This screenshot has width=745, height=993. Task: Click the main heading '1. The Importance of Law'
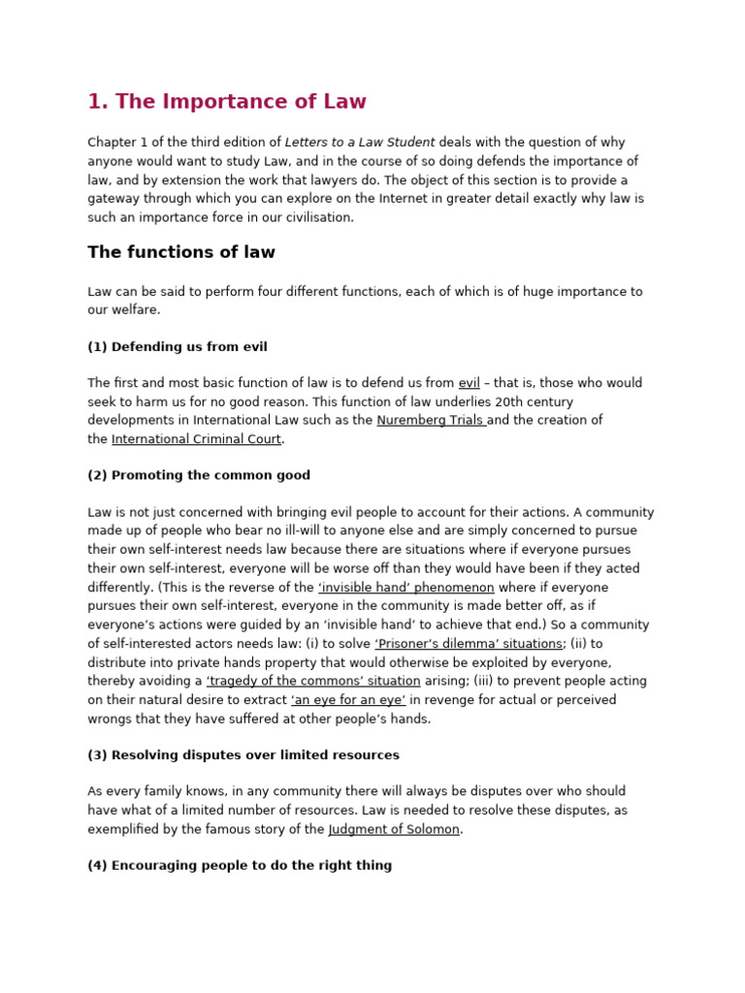(227, 102)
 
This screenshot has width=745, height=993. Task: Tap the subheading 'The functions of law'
(181, 252)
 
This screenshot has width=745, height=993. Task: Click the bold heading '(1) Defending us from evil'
(178, 347)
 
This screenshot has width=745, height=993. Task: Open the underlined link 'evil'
(469, 383)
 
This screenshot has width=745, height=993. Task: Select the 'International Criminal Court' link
(196, 439)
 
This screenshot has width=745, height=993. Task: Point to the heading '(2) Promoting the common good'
(199, 475)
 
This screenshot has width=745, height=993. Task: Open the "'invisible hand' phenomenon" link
(405, 588)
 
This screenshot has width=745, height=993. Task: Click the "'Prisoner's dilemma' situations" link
(469, 644)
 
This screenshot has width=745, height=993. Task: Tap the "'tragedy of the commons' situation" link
(313, 682)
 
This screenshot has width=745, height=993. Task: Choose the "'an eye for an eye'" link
(348, 700)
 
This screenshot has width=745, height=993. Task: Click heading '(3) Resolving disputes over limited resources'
(243, 755)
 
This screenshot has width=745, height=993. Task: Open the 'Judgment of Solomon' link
(394, 830)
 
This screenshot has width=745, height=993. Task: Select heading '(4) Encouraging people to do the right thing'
(240, 866)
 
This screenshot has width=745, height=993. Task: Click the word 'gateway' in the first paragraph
(113, 199)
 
